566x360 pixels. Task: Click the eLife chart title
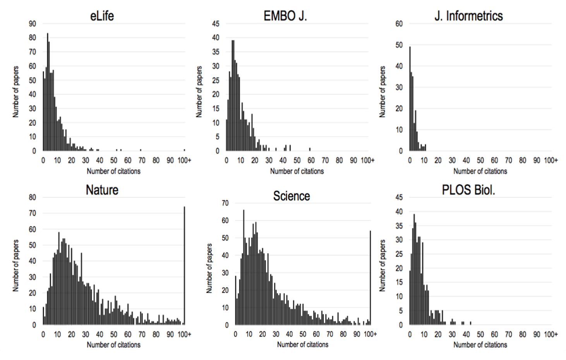click(102, 16)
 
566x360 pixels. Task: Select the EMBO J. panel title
click(285, 16)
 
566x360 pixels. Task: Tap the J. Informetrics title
click(468, 16)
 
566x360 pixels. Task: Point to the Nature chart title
click(102, 190)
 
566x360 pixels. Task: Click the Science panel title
click(292, 196)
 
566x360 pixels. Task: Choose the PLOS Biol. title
click(468, 190)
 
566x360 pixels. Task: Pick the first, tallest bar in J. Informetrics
click(410, 99)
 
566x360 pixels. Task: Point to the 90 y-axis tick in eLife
click(33, 24)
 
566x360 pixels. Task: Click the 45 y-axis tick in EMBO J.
click(216, 24)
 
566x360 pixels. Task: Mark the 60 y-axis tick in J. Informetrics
click(399, 24)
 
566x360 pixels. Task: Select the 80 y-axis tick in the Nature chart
click(33, 197)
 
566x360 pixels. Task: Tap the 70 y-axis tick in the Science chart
click(225, 203)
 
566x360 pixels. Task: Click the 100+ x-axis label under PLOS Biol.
click(551, 334)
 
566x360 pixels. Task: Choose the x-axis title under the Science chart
click(303, 345)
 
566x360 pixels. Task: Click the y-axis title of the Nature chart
click(16, 266)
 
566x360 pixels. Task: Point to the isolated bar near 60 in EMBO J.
click(310, 149)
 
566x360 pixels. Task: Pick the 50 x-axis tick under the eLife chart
click(114, 160)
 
